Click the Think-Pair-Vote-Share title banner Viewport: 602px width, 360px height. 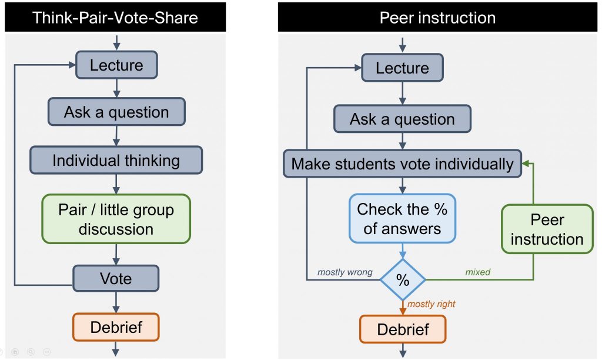point(115,17)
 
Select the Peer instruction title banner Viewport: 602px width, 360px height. point(437,18)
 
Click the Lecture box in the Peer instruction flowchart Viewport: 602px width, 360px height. point(402,68)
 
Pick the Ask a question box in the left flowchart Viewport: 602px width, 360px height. point(116,112)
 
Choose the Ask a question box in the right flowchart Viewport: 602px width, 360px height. point(402,119)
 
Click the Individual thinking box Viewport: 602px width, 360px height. point(116,161)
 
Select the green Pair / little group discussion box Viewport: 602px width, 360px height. point(116,219)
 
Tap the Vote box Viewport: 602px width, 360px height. point(116,278)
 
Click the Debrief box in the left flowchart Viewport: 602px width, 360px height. point(116,326)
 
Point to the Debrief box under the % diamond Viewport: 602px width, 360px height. point(403,329)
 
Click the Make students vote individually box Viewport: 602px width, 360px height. point(403,164)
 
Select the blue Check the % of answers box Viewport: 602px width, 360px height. point(403,218)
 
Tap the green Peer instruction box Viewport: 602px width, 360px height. point(547,229)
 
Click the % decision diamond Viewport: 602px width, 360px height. point(403,280)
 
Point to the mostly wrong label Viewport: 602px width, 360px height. point(345,272)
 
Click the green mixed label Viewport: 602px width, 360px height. point(478,272)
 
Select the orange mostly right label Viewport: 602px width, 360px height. point(432,304)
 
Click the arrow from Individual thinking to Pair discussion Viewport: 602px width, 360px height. point(116,184)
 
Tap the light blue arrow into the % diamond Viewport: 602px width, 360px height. point(403,251)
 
